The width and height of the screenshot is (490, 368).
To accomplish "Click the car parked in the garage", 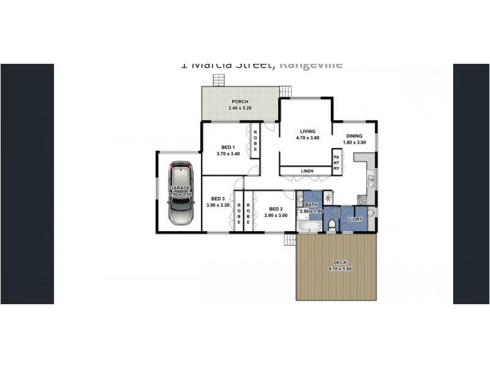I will (180, 194).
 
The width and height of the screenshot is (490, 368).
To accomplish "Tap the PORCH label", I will (239, 102).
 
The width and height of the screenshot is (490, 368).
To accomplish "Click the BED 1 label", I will (226, 147).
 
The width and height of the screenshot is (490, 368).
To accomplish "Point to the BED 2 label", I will (276, 209).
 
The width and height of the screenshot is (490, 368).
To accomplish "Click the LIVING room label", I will (307, 131).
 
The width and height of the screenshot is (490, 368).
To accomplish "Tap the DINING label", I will (354, 136).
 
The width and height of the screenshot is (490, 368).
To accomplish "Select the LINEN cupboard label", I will (307, 171).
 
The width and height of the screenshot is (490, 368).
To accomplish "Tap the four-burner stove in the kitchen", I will (362, 199).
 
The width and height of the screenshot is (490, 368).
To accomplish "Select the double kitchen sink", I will (370, 180).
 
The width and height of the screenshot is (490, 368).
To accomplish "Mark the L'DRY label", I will (355, 219).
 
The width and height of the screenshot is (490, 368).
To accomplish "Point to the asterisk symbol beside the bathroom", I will (328, 197).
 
